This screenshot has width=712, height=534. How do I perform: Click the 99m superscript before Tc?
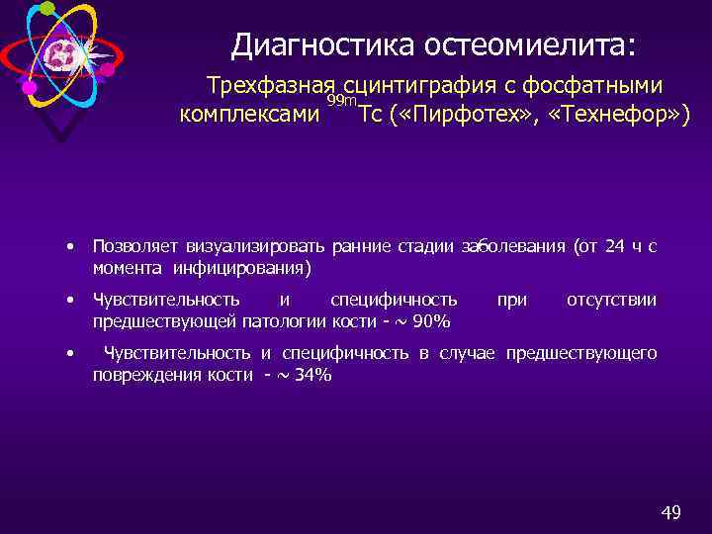coord(342,103)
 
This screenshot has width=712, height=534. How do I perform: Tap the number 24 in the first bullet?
coord(613,246)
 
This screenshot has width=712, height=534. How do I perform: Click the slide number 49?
coord(670,512)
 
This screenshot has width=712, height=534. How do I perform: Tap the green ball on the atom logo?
coord(47,8)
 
